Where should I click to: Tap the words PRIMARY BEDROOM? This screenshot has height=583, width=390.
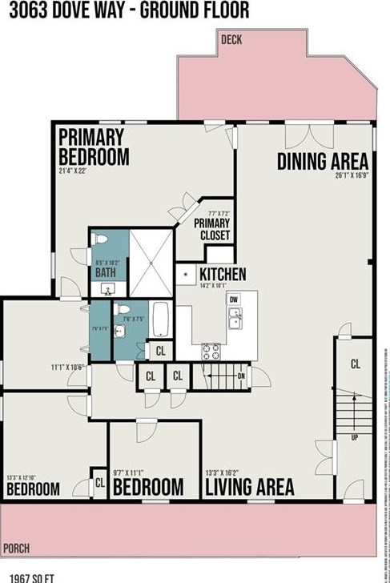pyautogui.click(x=94, y=146)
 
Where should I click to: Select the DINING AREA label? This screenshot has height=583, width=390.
pyautogui.click(x=323, y=161)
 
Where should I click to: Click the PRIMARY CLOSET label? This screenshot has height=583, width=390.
pyautogui.click(x=214, y=230)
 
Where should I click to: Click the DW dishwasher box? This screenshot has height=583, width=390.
pyautogui.click(x=234, y=300)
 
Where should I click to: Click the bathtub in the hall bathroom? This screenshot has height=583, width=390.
pyautogui.click(x=160, y=319)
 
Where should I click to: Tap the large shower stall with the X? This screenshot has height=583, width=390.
pyautogui.click(x=151, y=262)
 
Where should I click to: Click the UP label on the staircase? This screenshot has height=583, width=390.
pyautogui.click(x=353, y=439)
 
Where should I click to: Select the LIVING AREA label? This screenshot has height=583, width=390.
pyautogui.click(x=249, y=485)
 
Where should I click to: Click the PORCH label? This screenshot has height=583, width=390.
pyautogui.click(x=15, y=549)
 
